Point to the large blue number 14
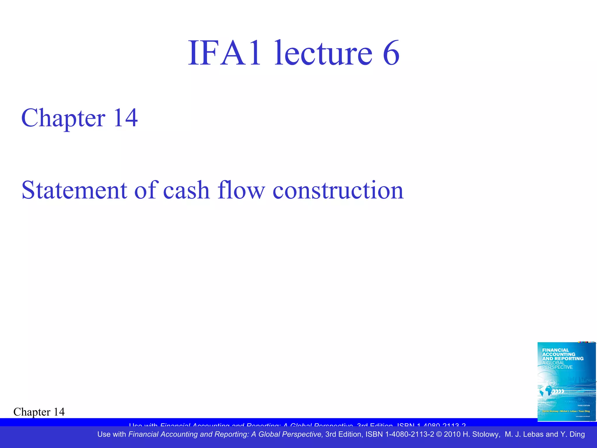(x=125, y=118)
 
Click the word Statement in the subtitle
(x=74, y=190)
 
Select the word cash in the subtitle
(x=186, y=190)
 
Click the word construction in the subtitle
(x=338, y=190)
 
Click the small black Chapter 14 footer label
(x=39, y=412)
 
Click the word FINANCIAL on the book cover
(x=555, y=350)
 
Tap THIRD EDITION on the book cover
(x=584, y=405)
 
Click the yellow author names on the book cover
(x=566, y=411)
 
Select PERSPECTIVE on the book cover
(x=557, y=367)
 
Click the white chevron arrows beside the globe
(x=558, y=391)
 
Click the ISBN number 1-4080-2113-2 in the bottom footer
(x=410, y=434)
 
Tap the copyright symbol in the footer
(x=439, y=434)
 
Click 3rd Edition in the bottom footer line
(x=344, y=434)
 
